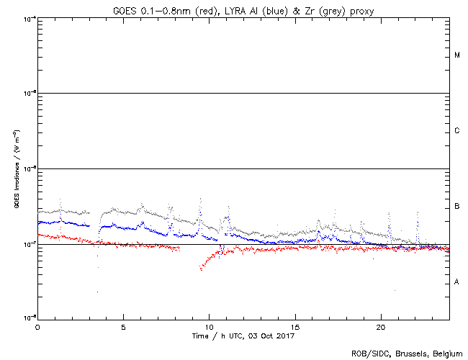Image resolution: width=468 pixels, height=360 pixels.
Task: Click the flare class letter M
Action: [x=457, y=55]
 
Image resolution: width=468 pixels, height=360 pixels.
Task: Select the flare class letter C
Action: [x=457, y=131]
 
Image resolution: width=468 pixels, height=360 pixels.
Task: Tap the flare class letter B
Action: [x=457, y=207]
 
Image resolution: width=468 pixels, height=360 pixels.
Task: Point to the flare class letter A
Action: [x=457, y=282]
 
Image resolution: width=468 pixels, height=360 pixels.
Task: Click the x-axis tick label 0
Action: [x=37, y=327]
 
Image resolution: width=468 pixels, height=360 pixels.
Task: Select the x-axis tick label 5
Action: [x=123, y=327]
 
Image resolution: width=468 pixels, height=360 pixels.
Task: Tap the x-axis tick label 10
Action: [x=209, y=327]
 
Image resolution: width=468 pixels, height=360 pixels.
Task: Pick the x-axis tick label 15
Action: [x=295, y=327]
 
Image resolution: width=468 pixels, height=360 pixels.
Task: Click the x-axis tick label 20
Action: [x=381, y=327]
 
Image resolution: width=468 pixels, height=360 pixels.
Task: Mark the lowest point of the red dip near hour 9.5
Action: [x=201, y=269]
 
